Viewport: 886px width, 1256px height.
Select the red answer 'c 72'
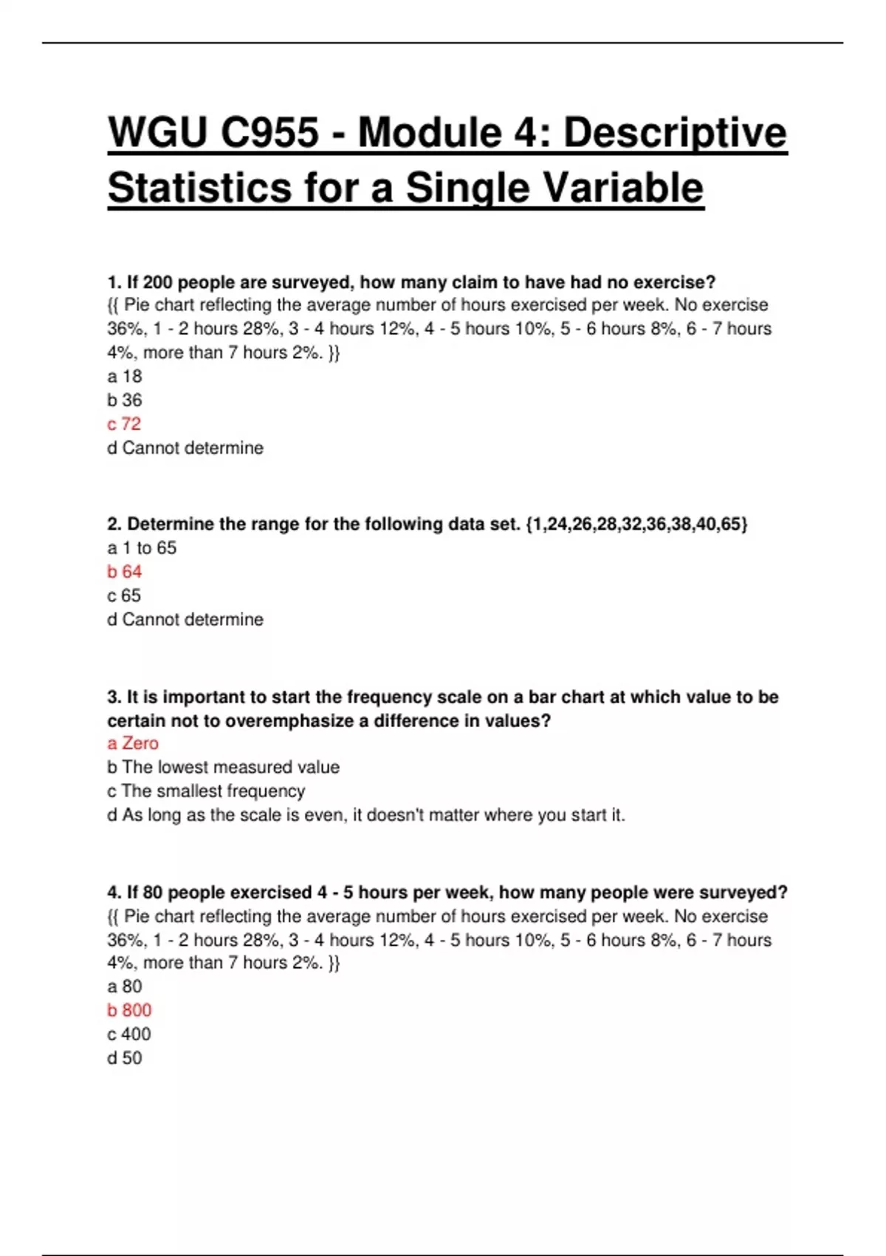tap(123, 424)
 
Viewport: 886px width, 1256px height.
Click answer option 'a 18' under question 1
tap(124, 376)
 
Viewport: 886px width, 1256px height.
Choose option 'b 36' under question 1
tap(124, 400)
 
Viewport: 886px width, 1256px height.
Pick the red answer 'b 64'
tap(124, 572)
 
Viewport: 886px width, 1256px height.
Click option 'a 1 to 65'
tap(142, 547)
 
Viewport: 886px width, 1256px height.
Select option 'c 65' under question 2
tap(123, 595)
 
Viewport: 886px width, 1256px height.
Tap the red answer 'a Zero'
tap(133, 743)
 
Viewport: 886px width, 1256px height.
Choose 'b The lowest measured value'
tap(223, 767)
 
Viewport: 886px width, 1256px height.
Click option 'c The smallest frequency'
tap(206, 791)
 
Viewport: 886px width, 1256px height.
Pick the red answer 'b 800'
tap(129, 1010)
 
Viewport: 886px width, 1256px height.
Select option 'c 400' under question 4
tap(128, 1034)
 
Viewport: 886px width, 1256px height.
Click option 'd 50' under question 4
tap(124, 1058)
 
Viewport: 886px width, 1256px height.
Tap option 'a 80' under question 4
tap(124, 986)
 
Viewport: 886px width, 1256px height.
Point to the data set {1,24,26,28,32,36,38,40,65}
tap(636, 525)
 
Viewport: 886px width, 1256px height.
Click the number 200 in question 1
tap(157, 282)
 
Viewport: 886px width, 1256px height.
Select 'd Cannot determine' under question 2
tap(185, 619)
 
